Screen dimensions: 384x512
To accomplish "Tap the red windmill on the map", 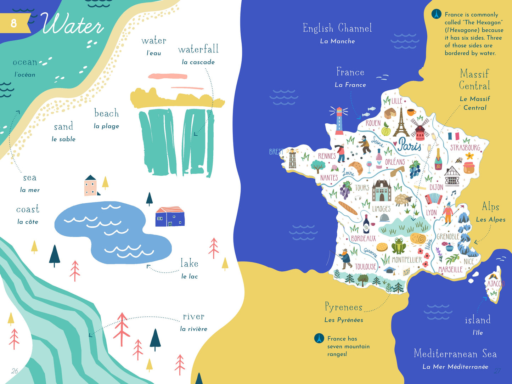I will click(x=420, y=130).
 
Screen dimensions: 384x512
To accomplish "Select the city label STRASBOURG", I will click(x=465, y=147).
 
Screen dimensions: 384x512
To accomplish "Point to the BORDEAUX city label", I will click(x=363, y=238).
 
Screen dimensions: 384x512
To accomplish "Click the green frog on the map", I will click(x=399, y=245).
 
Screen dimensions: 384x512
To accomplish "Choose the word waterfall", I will click(x=198, y=49).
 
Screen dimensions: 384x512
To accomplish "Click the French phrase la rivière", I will click(x=193, y=329).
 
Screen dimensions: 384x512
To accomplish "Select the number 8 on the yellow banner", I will click(x=13, y=23).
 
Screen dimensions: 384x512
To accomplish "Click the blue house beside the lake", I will click(x=170, y=217).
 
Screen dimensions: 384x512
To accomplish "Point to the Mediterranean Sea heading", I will click(x=455, y=354).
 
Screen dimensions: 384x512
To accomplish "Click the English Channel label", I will click(x=337, y=28).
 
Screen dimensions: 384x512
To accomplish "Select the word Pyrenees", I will click(x=343, y=307).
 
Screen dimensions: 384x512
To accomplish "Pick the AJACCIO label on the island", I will click(x=495, y=284).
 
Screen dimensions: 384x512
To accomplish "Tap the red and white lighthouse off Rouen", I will click(x=339, y=121).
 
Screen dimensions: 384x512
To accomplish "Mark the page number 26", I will click(x=15, y=371).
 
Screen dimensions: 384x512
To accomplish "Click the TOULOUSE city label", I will click(x=365, y=266).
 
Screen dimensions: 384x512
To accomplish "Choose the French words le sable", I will click(x=63, y=139).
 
